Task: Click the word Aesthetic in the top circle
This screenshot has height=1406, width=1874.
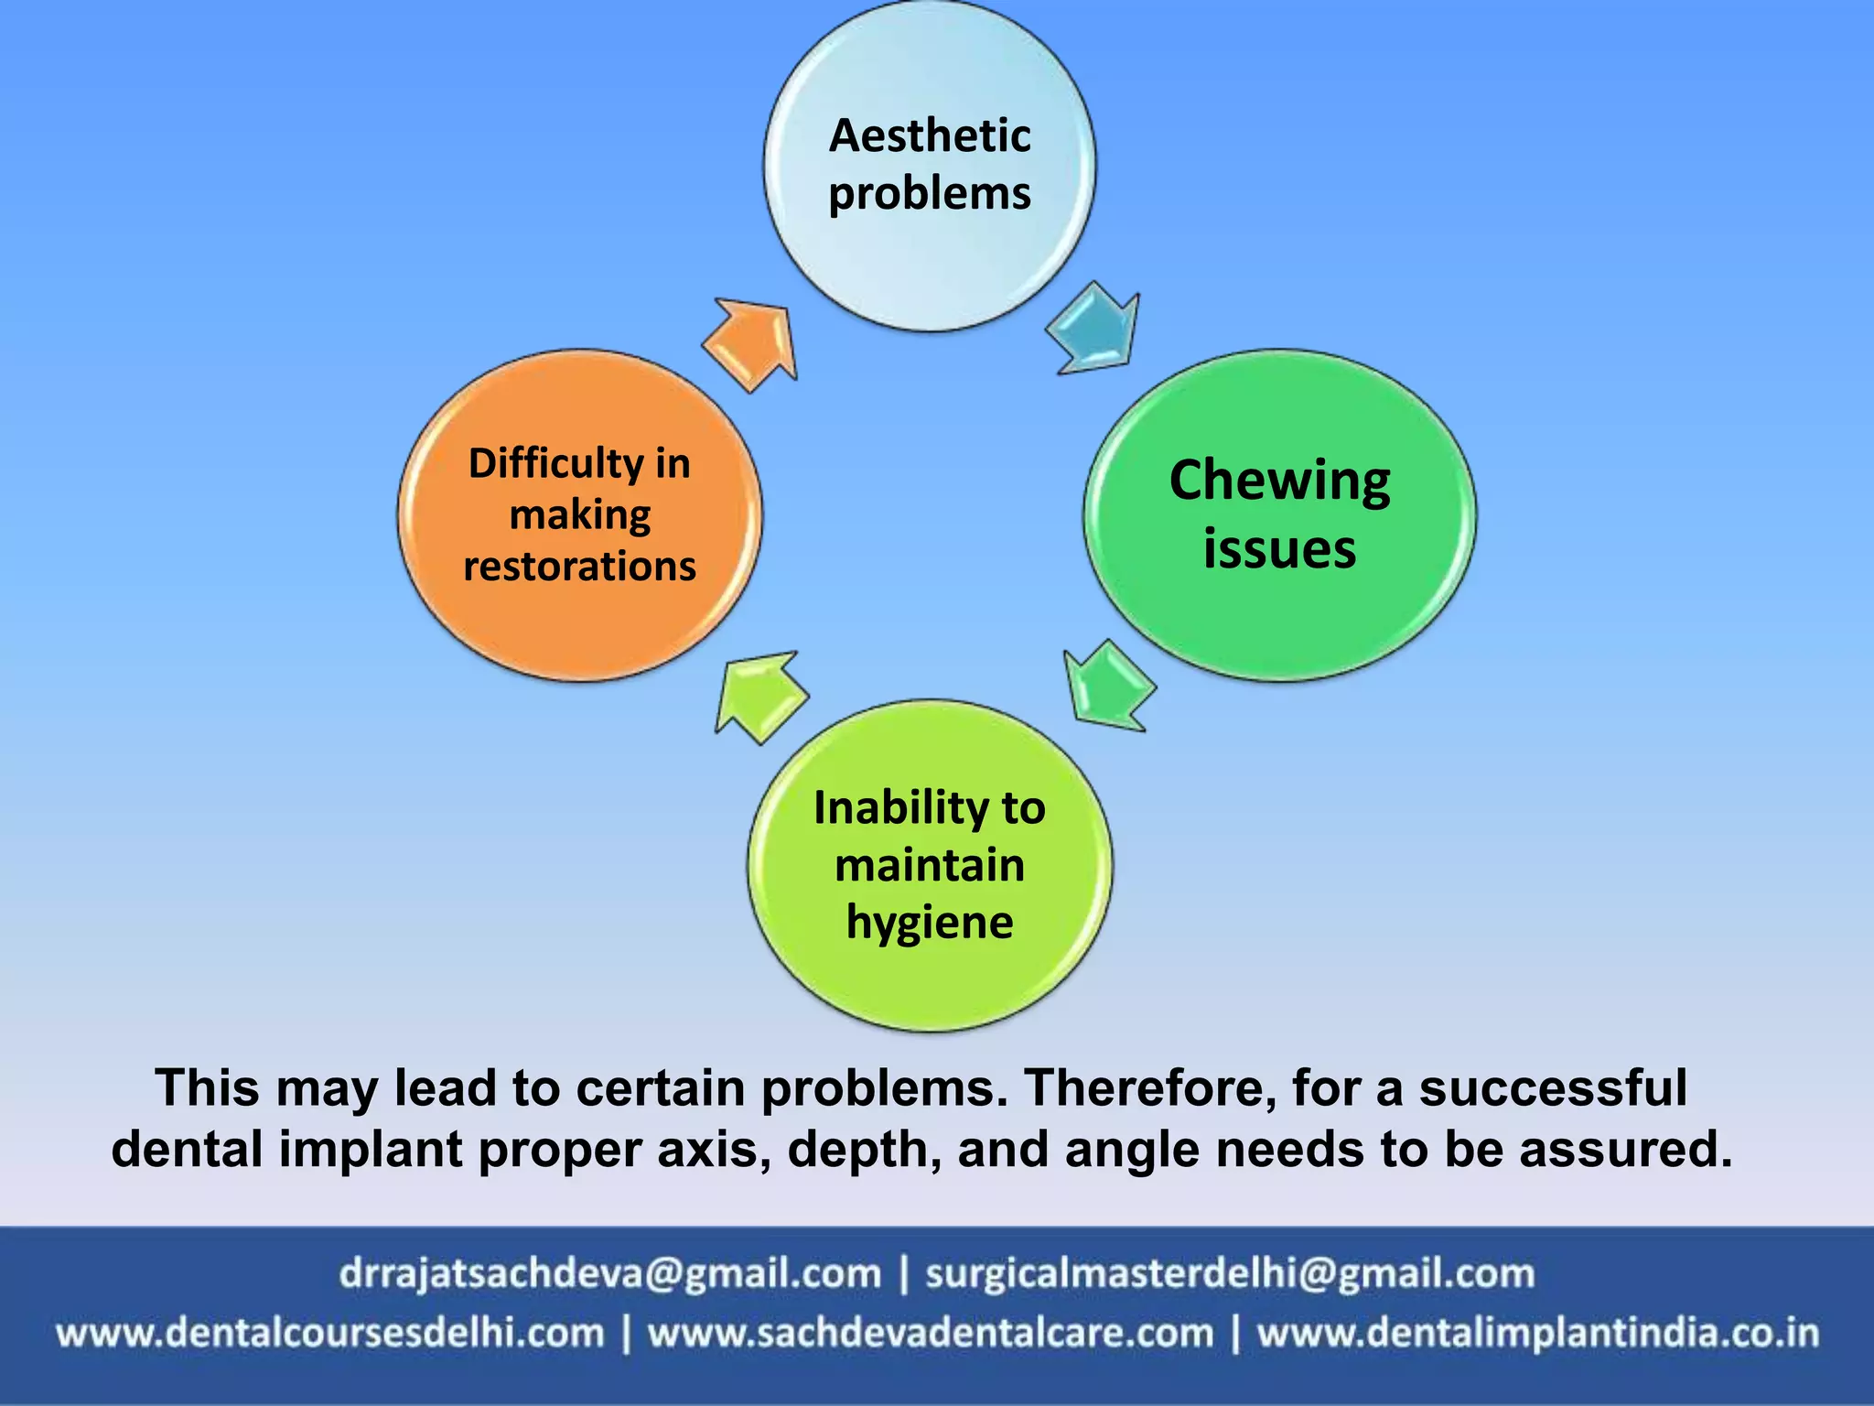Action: [930, 136]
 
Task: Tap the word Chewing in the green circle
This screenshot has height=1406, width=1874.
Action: [1279, 481]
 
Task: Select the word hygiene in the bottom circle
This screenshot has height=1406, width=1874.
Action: [930, 922]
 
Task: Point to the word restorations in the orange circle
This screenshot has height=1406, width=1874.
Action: [580, 567]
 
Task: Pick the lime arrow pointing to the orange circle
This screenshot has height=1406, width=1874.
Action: [760, 696]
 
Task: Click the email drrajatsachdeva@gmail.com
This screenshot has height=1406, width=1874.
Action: [609, 1273]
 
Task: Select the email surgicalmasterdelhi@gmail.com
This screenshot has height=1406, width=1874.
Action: [1229, 1273]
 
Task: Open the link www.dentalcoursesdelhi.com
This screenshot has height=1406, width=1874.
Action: [330, 1333]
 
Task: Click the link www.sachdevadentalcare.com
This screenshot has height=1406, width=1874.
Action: [931, 1333]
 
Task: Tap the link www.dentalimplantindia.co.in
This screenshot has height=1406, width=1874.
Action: [1538, 1333]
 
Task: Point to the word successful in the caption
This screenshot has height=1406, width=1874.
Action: [1553, 1088]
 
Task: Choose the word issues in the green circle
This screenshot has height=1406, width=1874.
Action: [1279, 549]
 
